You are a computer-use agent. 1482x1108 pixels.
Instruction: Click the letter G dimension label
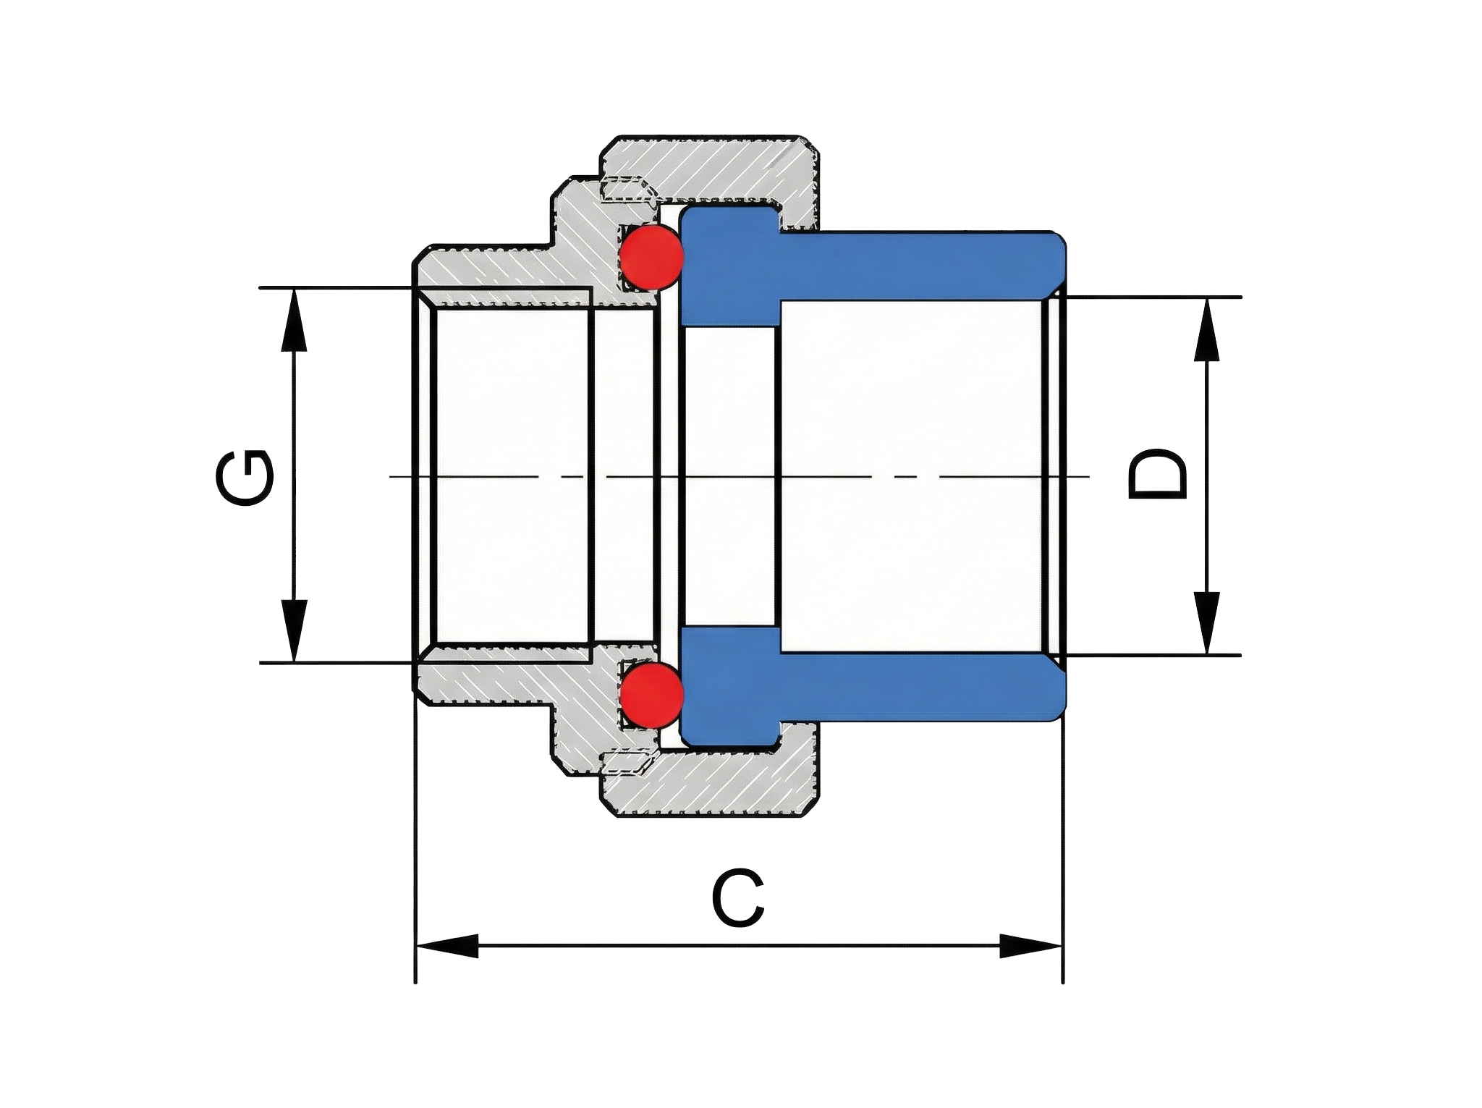pyautogui.click(x=244, y=478)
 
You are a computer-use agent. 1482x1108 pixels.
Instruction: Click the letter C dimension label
pyautogui.click(x=738, y=900)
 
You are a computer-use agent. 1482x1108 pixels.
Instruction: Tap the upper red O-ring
pyautogui.click(x=652, y=256)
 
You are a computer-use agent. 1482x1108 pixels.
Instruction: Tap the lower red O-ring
pyautogui.click(x=652, y=695)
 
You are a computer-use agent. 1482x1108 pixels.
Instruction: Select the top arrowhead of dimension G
pyautogui.click(x=294, y=318)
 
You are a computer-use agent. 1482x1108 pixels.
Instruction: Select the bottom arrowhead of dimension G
pyautogui.click(x=294, y=631)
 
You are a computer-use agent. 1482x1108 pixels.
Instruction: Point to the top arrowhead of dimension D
pyautogui.click(x=1206, y=329)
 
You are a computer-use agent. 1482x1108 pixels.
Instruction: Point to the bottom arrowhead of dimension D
pyautogui.click(x=1206, y=623)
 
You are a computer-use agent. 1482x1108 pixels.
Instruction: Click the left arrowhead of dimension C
pyautogui.click(x=447, y=945)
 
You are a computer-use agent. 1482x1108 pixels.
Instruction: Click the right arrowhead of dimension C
pyautogui.click(x=1030, y=945)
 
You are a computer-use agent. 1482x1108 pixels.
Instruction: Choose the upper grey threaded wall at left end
pyautogui.click(x=492, y=268)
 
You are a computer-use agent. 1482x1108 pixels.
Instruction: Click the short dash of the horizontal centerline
pyautogui.click(x=905, y=476)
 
